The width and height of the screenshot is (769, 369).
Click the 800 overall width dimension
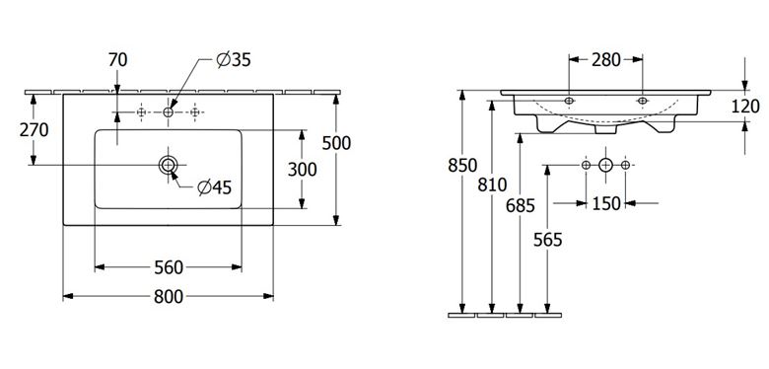tap(169, 296)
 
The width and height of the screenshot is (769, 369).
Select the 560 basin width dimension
tap(169, 267)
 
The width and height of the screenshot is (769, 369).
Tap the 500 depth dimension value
tap(336, 143)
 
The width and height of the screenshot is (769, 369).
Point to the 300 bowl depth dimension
tap(302, 170)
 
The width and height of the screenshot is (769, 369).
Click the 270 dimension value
tap(34, 130)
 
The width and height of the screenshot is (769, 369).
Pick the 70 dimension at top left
tap(117, 60)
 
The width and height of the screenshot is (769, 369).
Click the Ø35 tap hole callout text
tap(234, 60)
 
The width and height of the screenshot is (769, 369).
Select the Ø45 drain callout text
tap(214, 186)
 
